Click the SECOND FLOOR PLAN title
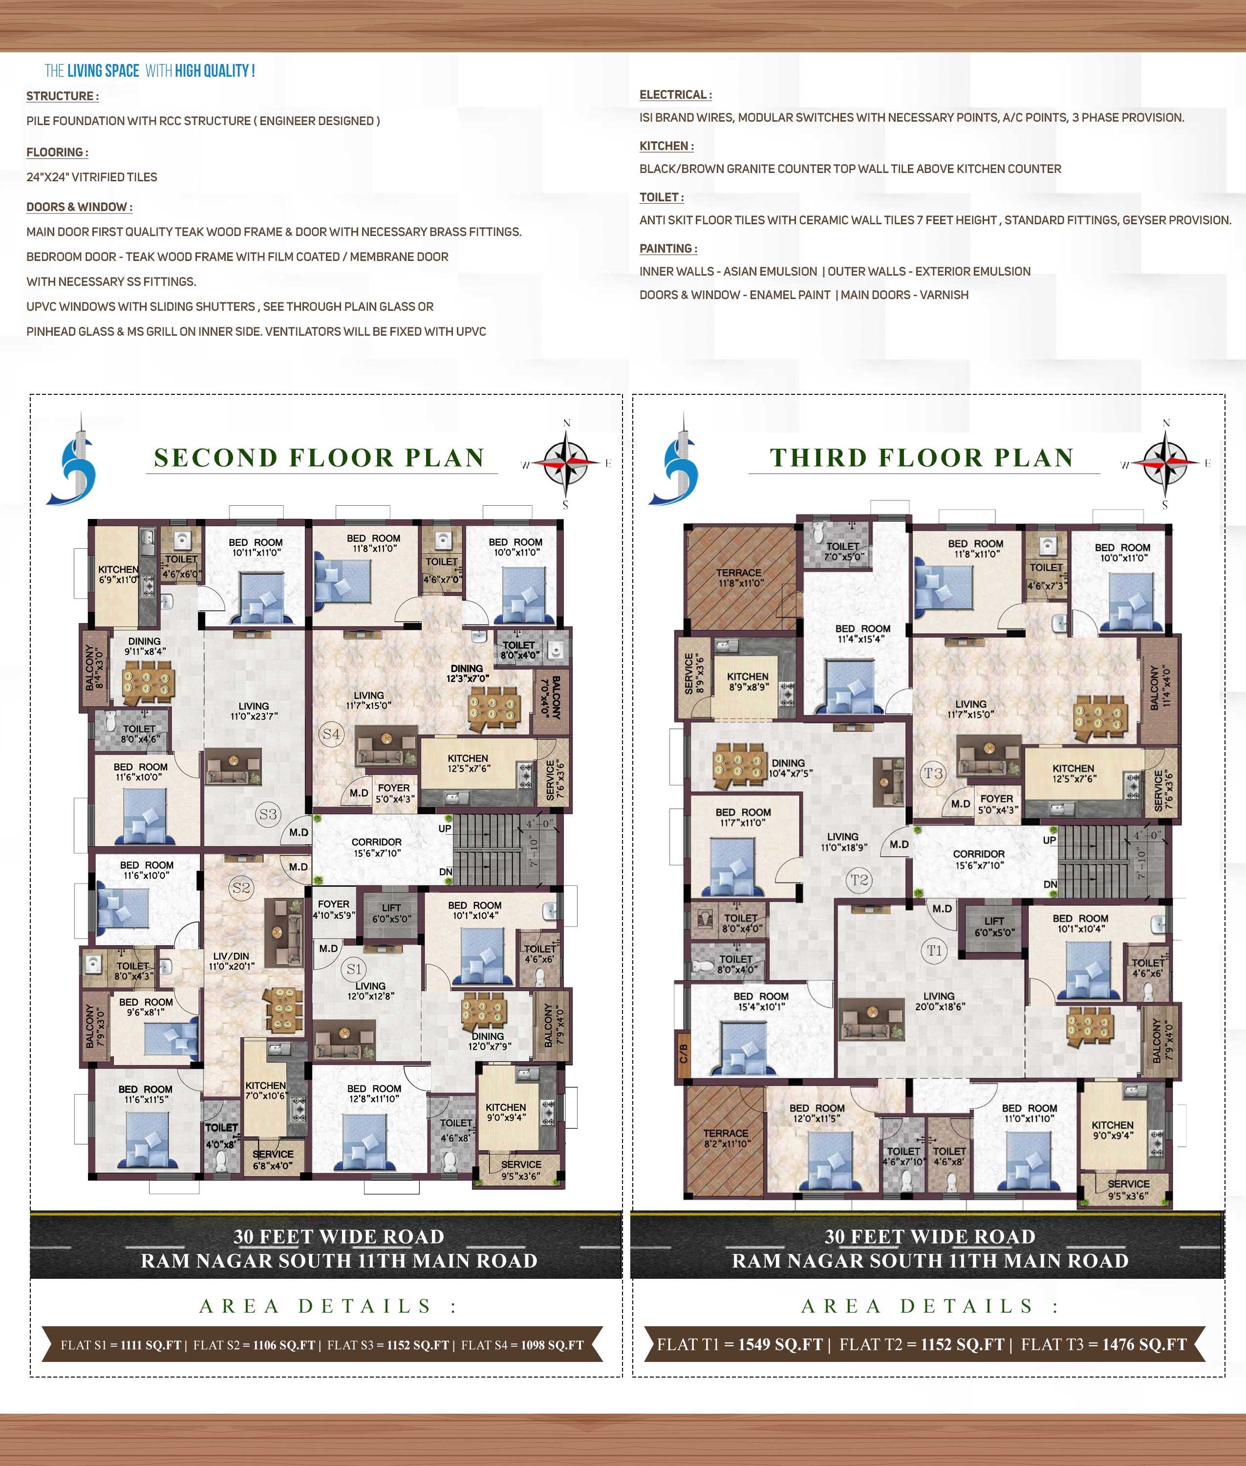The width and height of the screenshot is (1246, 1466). (319, 458)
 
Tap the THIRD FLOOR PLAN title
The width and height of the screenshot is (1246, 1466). (922, 458)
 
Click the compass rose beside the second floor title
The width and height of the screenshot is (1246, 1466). (566, 463)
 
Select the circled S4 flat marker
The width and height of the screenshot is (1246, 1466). (331, 733)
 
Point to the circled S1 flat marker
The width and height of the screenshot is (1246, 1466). (354, 969)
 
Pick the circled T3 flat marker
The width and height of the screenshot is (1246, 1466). (934, 773)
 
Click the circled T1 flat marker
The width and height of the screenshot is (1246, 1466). (934, 950)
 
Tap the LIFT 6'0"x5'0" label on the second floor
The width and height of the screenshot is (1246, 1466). (391, 913)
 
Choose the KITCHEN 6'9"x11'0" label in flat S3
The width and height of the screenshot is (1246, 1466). (118, 574)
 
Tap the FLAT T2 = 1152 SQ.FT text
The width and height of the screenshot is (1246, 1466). (922, 1344)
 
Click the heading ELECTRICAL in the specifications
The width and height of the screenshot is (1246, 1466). (675, 95)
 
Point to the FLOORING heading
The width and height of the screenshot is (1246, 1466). (57, 152)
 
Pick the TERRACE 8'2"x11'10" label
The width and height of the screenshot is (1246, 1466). (726, 1138)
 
